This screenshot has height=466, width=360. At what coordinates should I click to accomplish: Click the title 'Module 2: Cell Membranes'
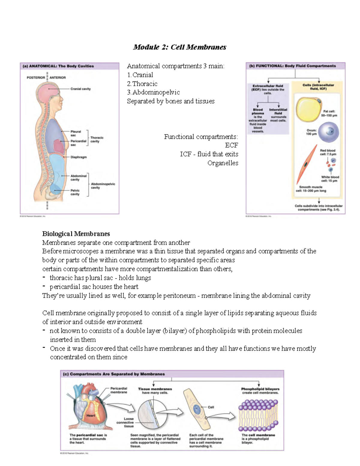pos(180,47)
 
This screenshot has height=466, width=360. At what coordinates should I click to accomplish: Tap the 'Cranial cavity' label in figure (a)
pos(80,89)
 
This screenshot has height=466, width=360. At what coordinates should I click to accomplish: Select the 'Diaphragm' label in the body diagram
pos(79,157)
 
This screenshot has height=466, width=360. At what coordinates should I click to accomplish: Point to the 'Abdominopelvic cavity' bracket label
pos(103,186)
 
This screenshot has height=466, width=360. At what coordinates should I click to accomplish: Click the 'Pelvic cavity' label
pos(75,192)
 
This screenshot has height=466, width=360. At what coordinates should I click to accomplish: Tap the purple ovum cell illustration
pos(329,132)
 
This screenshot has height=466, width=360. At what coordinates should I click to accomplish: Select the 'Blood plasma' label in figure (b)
pos(258,112)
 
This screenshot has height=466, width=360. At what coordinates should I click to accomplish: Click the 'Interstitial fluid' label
pos(278,112)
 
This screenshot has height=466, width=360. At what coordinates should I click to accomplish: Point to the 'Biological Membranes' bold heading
pos(76,234)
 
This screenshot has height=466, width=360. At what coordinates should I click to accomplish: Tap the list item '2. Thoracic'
pos(142,84)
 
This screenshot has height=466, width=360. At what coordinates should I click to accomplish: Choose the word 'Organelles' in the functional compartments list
pos(223,163)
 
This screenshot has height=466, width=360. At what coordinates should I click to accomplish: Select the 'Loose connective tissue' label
pos(126,422)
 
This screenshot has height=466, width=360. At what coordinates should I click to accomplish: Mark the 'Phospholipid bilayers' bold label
pos(260,389)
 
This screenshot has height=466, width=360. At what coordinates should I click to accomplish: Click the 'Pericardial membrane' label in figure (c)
pos(119,390)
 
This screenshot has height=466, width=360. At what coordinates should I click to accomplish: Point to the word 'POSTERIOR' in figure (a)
pos(36,77)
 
